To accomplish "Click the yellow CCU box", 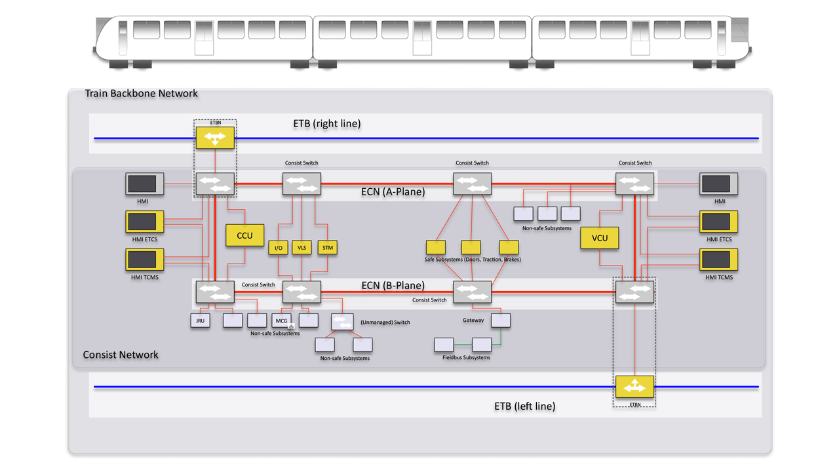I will pos(244,235).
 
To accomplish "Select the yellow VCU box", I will pos(599,238).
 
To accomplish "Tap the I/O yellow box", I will pos(278,248).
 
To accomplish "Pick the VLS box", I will pos(302,248).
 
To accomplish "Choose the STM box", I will pos(327,248).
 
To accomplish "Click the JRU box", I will pos(200,321).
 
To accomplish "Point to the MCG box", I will pos(282,321).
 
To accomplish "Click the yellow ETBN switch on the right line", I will pos(215,138).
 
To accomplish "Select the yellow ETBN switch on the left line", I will pos(634,387).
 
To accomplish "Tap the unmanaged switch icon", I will pos(342,322).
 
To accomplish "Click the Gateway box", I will pos(500,321).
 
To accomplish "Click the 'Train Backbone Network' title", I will pos(142,93).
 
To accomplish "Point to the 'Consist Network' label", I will pos(121,355).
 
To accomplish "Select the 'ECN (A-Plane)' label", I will pos(393,192).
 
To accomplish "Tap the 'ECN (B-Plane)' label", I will pos(393,286).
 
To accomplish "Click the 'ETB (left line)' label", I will pos(524,406).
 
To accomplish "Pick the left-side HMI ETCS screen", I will pos(144,222).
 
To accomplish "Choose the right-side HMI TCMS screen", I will pos(718,260).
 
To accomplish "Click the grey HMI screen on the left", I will pos(144,184).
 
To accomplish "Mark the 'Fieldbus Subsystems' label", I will pos(466,358).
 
